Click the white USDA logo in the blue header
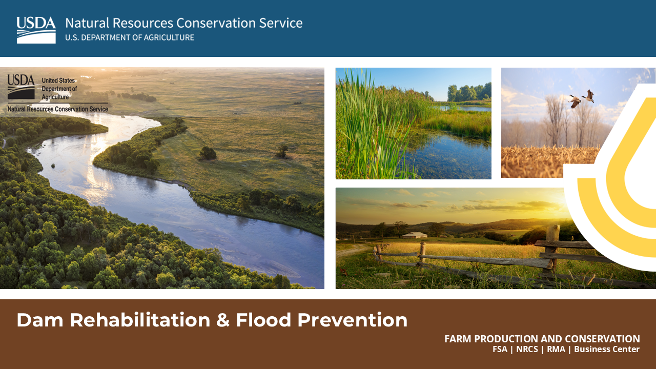pos(36,30)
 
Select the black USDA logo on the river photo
pos(21,87)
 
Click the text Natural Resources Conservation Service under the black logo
pos(58,109)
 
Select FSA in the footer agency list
pos(500,350)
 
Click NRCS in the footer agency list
pos(527,350)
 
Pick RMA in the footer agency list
pos(556,350)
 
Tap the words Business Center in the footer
pos(606,350)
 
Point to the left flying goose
pos(575,101)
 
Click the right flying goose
pos(589,96)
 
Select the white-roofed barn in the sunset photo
pos(415,235)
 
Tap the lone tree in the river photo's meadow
pos(208,153)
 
